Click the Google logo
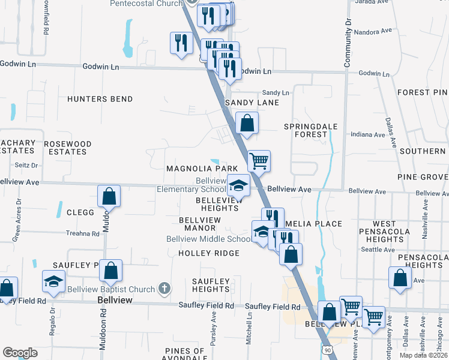pos(20,353)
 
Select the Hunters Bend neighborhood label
pos(100,98)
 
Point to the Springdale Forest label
pos(311,131)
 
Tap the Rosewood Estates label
pos(68,148)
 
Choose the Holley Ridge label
pos(209,253)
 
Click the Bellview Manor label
pos(200,224)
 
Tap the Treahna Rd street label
pos(82,233)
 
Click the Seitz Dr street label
pos(26,165)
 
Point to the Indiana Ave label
pos(367,135)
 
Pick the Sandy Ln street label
pos(276,93)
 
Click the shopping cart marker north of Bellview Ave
pos(259,160)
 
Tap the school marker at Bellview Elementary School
pos(239,185)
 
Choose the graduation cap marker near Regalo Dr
pos(53,281)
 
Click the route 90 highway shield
pos(326,349)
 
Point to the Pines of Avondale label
pos(184,355)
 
